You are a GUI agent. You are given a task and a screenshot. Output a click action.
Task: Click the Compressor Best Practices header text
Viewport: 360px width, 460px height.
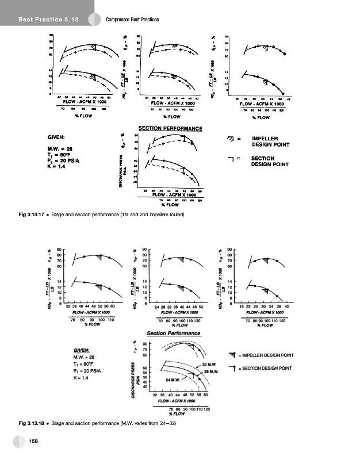click(x=133, y=21)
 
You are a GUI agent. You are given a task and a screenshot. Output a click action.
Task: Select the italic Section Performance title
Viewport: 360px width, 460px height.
click(x=173, y=333)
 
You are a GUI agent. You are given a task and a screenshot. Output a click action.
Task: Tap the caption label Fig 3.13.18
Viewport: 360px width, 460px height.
click(x=28, y=423)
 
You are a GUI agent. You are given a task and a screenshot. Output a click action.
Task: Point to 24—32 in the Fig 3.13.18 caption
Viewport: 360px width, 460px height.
click(x=166, y=423)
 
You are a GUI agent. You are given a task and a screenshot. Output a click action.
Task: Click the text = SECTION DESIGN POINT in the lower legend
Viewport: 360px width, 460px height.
click(x=270, y=368)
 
